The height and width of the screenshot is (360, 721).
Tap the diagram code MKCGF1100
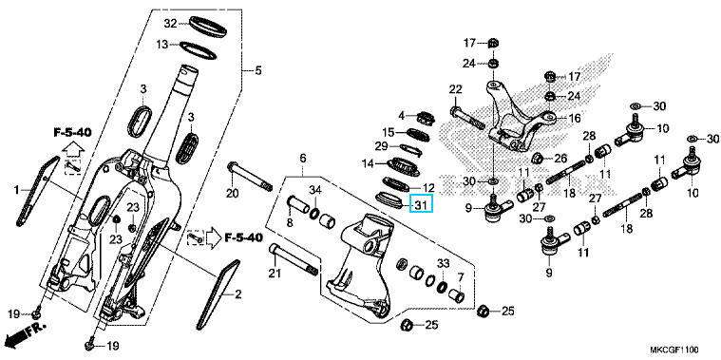tap(674, 351)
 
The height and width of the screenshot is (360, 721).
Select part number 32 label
tap(171, 23)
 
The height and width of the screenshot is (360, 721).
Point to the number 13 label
tap(161, 45)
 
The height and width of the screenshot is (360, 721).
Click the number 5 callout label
tap(258, 71)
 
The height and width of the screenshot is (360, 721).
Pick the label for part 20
tap(233, 194)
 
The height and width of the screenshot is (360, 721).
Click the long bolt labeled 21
tap(294, 260)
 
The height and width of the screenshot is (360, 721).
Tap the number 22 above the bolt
tap(455, 88)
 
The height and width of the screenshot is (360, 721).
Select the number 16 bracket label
tap(575, 118)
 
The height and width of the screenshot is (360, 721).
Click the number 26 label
tap(561, 159)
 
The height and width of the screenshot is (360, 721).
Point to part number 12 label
tap(428, 187)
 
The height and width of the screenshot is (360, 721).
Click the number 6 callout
tap(303, 159)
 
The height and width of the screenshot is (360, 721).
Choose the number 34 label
tap(314, 189)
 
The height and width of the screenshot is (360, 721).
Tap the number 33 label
tap(443, 263)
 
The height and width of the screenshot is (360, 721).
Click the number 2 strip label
tap(237, 294)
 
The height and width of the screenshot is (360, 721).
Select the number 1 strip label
tap(16, 189)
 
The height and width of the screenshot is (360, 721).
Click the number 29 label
tap(382, 146)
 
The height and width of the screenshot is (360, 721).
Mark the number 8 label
tap(290, 224)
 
